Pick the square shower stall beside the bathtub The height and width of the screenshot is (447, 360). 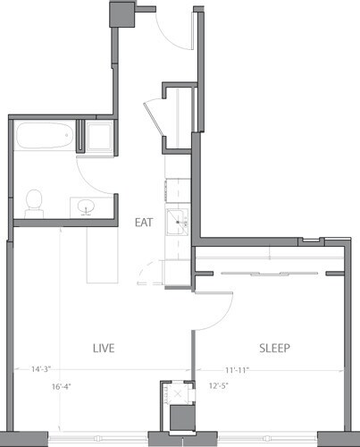click(97, 137)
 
